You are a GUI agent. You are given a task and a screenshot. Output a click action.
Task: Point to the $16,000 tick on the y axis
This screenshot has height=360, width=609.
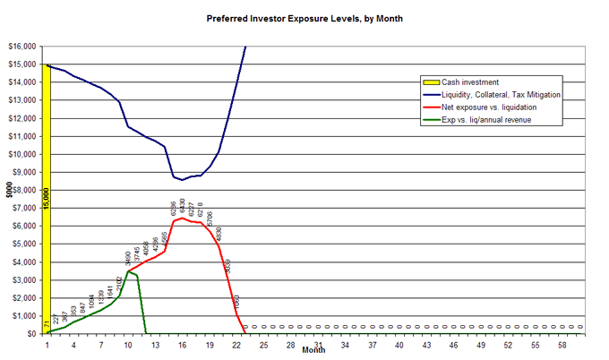(21, 47)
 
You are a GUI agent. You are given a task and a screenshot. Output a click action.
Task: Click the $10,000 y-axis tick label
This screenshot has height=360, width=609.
(21, 154)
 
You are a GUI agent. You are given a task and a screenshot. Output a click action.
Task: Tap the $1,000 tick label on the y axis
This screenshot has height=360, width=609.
(23, 315)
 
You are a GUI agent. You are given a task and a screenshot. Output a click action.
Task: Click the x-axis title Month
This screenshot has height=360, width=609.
(313, 350)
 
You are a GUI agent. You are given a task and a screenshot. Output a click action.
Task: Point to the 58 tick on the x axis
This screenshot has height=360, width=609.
(562, 344)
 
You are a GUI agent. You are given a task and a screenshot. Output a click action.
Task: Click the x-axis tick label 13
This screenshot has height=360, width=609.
(155, 344)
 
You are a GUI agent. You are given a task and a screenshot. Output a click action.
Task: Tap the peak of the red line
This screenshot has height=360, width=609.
(183, 218)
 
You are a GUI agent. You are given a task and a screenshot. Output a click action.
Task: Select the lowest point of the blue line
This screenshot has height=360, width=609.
(183, 180)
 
